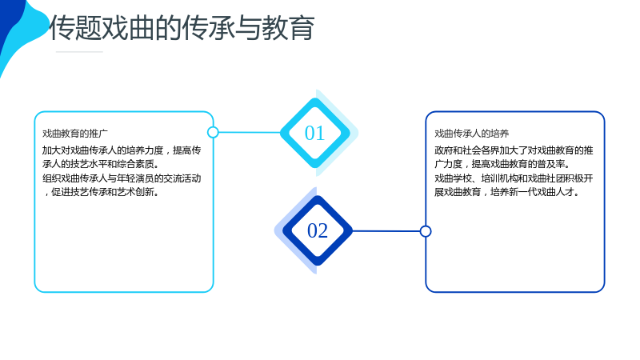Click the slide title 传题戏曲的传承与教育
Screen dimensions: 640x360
(182, 28)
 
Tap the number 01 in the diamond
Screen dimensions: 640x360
(314, 133)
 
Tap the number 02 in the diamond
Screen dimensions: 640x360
(318, 230)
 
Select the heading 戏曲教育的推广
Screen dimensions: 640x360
(75, 134)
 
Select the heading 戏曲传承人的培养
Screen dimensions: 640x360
(471, 134)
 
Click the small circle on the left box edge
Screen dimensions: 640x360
(213, 132)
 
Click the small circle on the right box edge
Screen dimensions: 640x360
(426, 231)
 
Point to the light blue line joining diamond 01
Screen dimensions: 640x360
(250, 132)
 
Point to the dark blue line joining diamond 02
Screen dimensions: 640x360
(386, 231)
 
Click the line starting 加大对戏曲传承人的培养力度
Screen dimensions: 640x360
(122, 150)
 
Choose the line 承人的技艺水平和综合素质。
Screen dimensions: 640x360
(101, 164)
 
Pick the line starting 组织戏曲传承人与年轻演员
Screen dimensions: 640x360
(122, 178)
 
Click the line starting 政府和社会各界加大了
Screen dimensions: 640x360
(514, 150)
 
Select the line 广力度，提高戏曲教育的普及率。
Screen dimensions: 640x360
(502, 164)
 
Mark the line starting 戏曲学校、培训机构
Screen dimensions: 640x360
(514, 178)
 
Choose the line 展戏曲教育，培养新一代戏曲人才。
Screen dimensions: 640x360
(507, 192)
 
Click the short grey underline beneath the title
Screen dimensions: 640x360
(79, 52)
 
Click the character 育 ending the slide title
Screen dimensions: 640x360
(302, 28)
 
